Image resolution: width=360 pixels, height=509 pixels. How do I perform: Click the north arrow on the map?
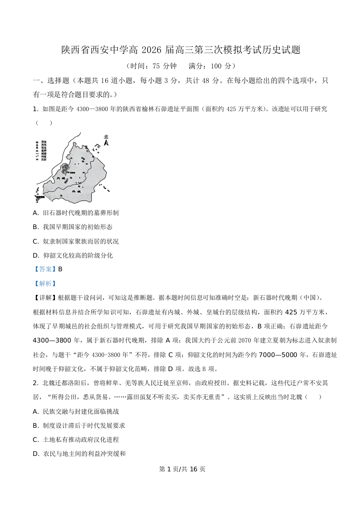pyautogui.click(x=107, y=143)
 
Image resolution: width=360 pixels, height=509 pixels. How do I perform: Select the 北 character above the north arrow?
pyautogui.click(x=106, y=137)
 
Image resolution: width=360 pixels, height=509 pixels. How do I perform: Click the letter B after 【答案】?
pyautogui.click(x=60, y=269)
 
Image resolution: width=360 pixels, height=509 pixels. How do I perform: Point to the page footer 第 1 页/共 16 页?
pyautogui.click(x=180, y=469)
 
